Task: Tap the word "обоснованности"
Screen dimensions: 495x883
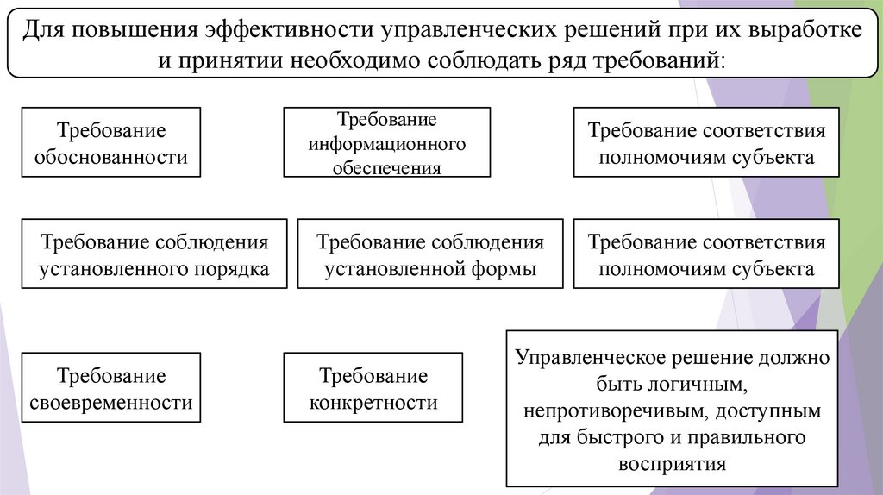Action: [111, 157]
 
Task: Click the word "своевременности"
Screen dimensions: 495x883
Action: [111, 402]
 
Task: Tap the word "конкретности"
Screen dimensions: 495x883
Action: [373, 402]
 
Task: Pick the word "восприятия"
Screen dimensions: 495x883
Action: [672, 464]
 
